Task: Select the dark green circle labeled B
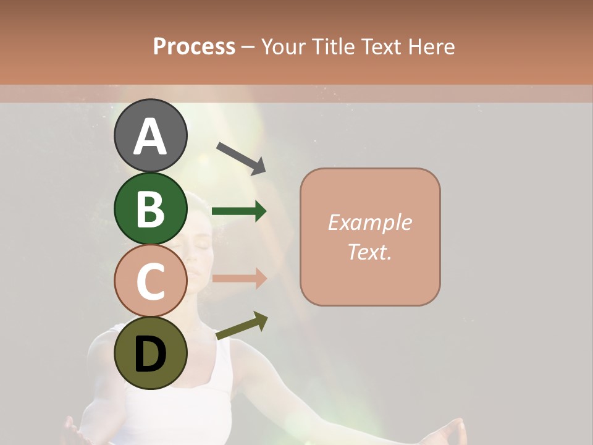(x=150, y=208)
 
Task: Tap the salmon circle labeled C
(x=150, y=281)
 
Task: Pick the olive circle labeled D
(x=150, y=353)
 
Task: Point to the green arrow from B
(x=238, y=211)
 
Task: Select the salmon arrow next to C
(x=238, y=278)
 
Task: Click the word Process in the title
(x=194, y=46)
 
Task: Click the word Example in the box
(x=369, y=222)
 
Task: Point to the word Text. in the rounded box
(x=369, y=252)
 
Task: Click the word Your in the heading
(x=283, y=46)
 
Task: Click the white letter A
(x=150, y=137)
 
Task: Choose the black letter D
(x=150, y=355)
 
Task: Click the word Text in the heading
(x=382, y=46)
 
